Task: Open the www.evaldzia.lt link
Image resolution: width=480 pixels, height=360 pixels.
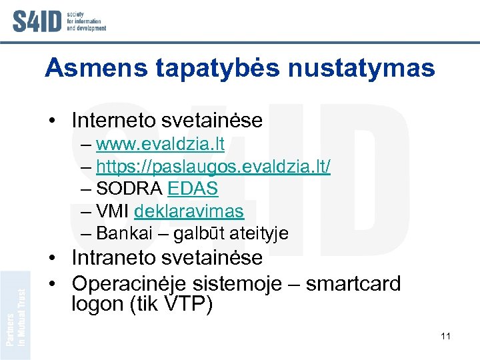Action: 160,144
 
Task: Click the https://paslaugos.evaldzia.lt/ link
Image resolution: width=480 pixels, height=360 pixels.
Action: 213,167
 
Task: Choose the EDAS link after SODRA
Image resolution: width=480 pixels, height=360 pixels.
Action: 193,189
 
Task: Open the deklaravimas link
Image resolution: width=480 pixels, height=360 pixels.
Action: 189,212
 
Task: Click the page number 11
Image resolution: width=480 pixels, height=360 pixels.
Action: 445,336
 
